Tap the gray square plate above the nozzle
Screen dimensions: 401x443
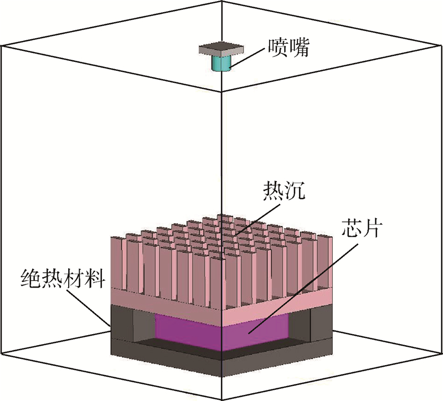220,49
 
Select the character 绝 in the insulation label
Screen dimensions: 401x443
31,276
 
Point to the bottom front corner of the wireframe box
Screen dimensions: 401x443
221,398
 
